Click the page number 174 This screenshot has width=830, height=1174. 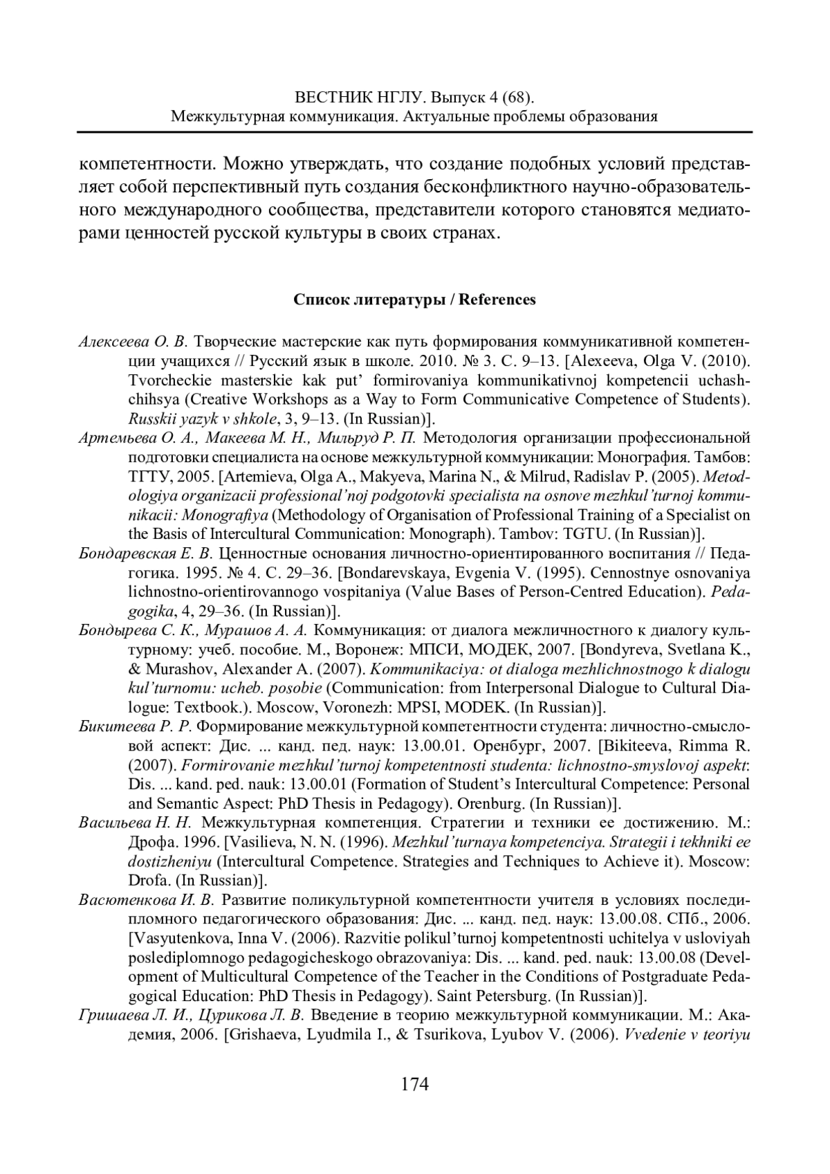tap(415, 1083)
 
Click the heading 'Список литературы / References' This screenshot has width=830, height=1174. tap(414, 300)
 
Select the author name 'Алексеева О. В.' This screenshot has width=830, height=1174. tap(133, 342)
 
